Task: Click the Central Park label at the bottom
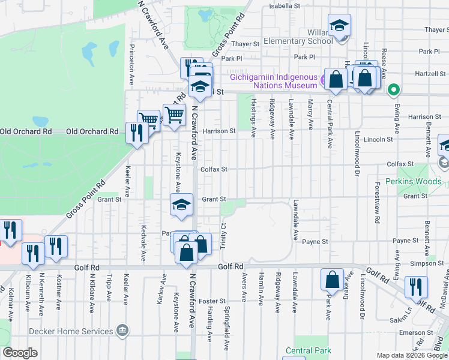308,350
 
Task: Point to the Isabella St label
284,5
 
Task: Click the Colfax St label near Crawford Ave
214,170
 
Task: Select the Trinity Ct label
222,234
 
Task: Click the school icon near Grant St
181,205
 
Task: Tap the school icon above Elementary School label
339,25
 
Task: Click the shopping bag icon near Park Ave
333,280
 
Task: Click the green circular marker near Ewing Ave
393,91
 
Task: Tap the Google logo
20,353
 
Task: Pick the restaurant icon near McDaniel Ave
415,287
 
